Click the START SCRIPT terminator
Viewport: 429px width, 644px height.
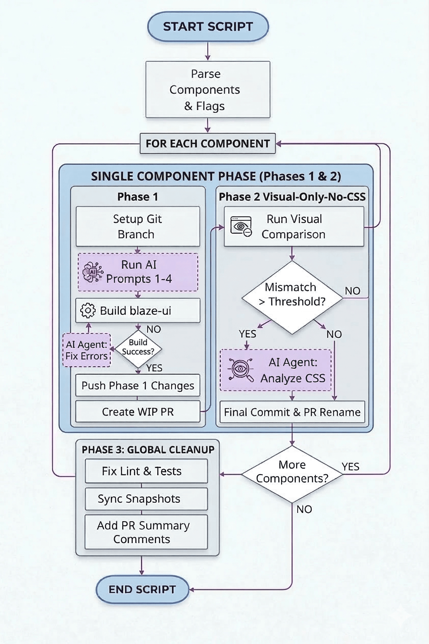208,26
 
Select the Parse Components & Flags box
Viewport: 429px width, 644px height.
208,89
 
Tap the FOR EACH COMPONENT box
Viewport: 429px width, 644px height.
208,144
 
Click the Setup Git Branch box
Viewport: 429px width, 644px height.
138,226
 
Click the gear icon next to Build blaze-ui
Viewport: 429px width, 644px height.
88,311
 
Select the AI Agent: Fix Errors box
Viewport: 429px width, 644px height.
87,350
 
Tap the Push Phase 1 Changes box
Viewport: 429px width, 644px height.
138,385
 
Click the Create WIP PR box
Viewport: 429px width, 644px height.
138,412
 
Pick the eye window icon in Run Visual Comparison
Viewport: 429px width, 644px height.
241,226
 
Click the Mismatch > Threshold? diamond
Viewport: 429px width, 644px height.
292,297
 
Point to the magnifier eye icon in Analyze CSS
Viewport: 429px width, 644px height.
241,370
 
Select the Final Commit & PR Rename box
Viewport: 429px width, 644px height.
292,412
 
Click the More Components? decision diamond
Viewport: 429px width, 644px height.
292,474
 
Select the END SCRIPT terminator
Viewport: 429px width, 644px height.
142,589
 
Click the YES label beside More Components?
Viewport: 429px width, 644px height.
350,466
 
